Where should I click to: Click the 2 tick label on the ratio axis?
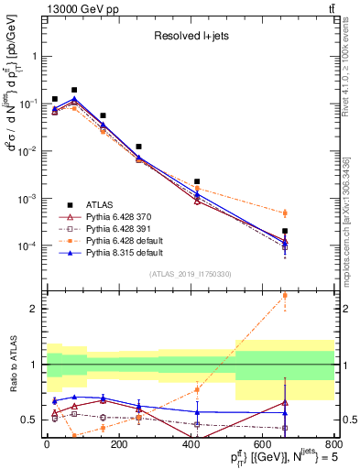point(36,309)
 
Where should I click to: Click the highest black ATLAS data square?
point(74,90)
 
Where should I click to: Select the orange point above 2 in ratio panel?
point(285,295)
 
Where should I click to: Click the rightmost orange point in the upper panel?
point(285,213)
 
